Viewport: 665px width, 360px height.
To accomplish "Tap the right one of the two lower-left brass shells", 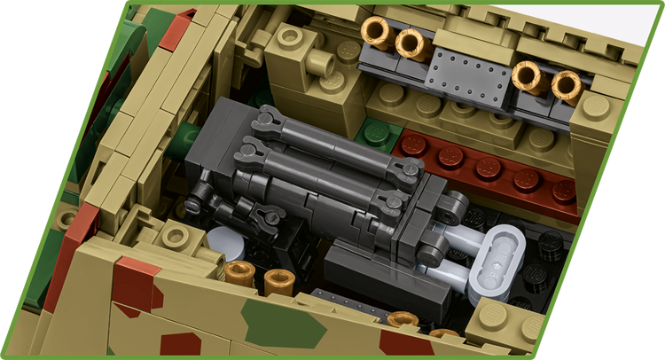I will pyautogui.click(x=278, y=282).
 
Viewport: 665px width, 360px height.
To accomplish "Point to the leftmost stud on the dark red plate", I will pyautogui.click(x=413, y=145).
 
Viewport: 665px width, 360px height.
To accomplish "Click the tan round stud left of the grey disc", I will pyautogui.click(x=178, y=236).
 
